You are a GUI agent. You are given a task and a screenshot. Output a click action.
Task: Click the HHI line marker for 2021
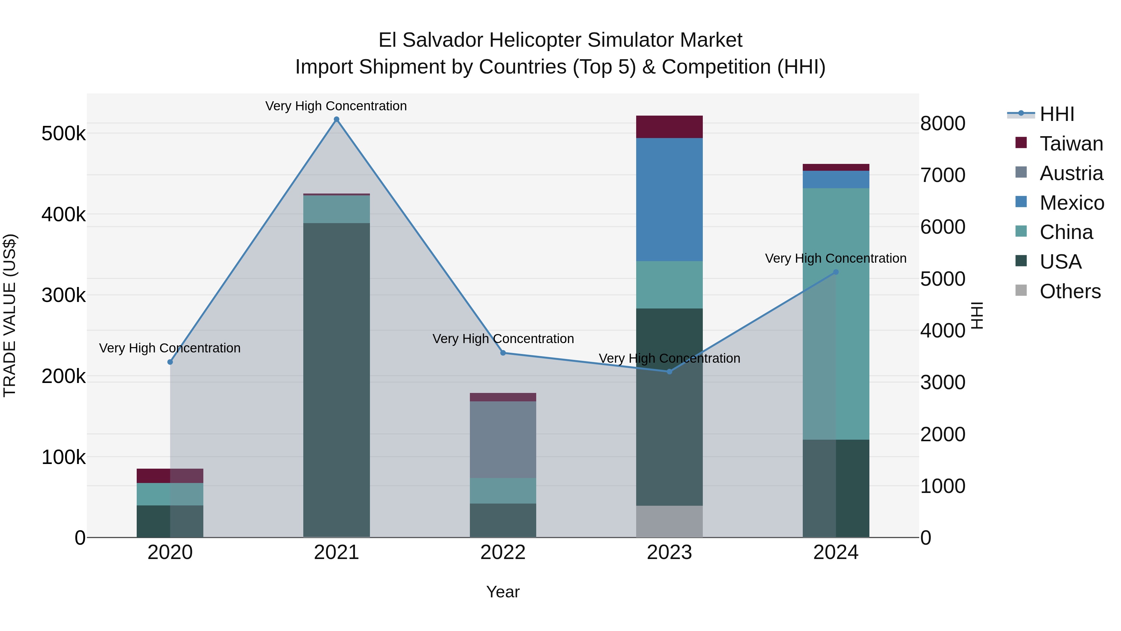click(x=336, y=119)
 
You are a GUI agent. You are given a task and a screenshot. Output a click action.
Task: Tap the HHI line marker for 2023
click(x=669, y=371)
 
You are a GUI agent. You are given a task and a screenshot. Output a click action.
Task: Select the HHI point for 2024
click(x=835, y=272)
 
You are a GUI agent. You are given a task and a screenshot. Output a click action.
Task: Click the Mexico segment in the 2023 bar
click(x=669, y=199)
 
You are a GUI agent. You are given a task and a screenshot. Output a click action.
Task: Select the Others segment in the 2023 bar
click(x=669, y=521)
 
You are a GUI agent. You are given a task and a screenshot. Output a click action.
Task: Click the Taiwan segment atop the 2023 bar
click(x=669, y=127)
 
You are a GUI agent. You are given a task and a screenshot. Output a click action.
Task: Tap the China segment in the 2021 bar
click(x=336, y=209)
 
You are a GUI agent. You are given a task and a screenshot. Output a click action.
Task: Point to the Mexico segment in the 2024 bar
click(x=835, y=179)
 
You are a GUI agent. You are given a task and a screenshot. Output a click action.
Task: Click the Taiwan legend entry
click(x=1071, y=144)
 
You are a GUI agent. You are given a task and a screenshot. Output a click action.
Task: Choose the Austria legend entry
click(x=1071, y=173)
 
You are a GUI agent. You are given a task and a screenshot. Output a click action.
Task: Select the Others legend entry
click(x=1070, y=291)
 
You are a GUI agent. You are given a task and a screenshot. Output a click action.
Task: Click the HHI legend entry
click(x=1057, y=114)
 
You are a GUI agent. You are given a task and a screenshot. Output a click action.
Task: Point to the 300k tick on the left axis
click(x=64, y=295)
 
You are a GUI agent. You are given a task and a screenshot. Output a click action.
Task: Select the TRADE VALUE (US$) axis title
click(x=10, y=315)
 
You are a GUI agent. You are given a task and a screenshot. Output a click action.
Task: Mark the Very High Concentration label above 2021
click(x=336, y=106)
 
